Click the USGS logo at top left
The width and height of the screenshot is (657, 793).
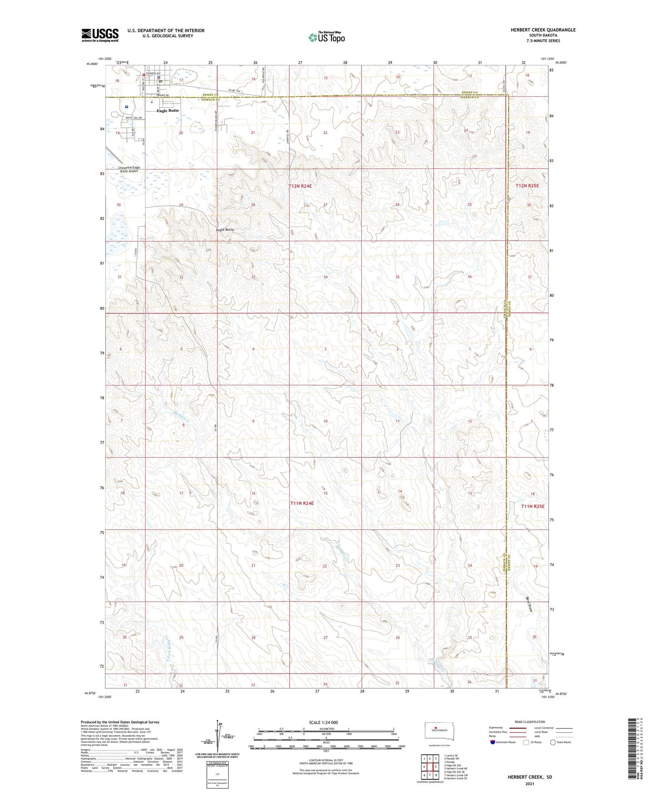(x=100, y=35)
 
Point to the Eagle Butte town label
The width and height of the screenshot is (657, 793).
(x=168, y=110)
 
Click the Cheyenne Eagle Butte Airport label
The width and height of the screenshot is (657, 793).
(x=129, y=169)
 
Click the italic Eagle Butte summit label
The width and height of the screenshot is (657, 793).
(x=225, y=230)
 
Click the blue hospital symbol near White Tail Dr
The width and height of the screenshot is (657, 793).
(x=126, y=107)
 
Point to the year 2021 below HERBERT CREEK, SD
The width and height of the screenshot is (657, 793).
(x=530, y=783)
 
